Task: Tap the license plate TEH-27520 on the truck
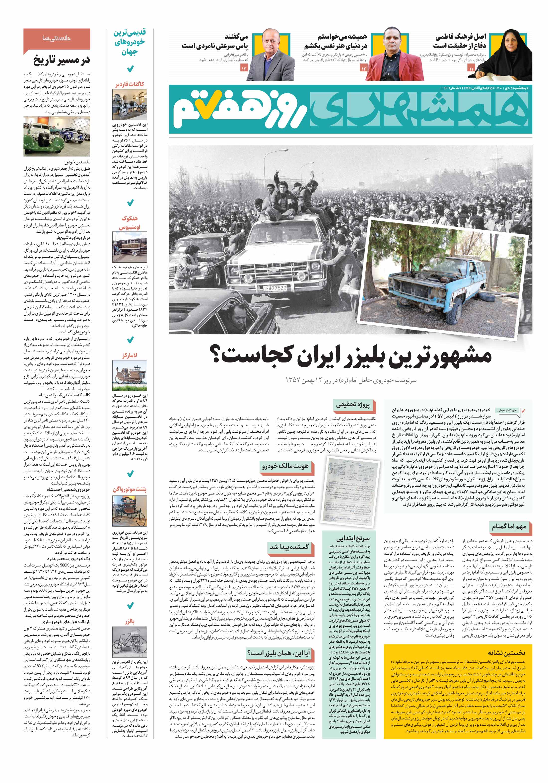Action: point(275,288)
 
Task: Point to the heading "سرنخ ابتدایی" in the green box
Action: point(353,538)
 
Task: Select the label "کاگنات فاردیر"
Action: point(130,84)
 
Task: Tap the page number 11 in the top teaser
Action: point(471,69)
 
